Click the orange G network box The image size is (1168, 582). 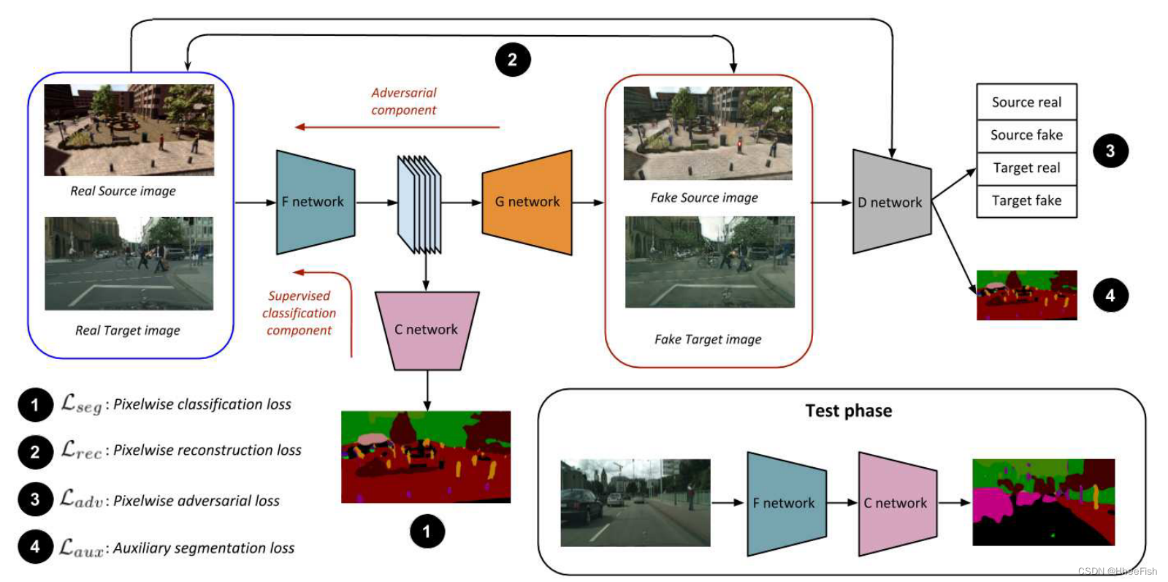coord(527,202)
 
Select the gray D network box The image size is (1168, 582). coord(891,202)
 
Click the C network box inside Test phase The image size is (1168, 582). coord(896,503)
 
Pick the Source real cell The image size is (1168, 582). coord(1026,102)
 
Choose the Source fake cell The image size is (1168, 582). coord(1026,135)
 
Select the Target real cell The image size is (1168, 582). coord(1026,168)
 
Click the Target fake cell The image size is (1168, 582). coord(1026,201)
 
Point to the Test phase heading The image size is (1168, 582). coord(848,411)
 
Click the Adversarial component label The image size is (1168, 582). coord(403,102)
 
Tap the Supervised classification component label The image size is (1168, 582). coord(299,313)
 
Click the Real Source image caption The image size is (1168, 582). coord(123,191)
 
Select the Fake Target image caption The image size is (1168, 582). coord(708,339)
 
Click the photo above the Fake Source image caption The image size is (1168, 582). coord(707,133)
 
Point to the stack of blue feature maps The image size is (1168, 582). coord(419,204)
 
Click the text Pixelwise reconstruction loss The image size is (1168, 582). coord(207,450)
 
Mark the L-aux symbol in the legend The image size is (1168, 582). coord(81,548)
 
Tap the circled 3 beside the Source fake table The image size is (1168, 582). coord(1110,151)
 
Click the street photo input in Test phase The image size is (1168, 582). coord(635,502)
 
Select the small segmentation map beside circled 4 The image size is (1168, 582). coord(1026,295)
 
